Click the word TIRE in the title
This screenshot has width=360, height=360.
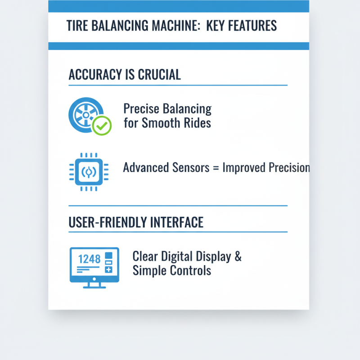tap(77, 25)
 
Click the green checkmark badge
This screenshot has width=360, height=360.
tap(102, 126)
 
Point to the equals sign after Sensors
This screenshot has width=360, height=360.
tap(216, 168)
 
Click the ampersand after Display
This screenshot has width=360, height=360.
tap(238, 257)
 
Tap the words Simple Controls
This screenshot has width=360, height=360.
tap(171, 271)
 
